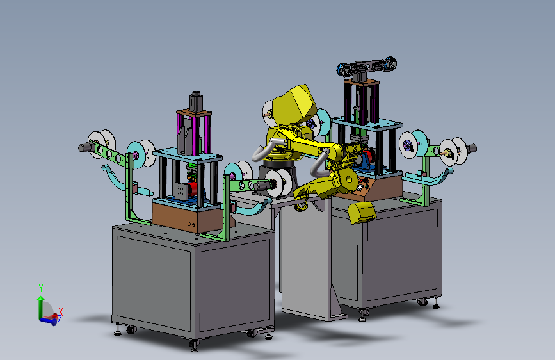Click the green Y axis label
pyautogui.click(x=41, y=288)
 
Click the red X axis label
pyautogui.click(x=61, y=311)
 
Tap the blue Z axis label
pyautogui.click(x=59, y=320)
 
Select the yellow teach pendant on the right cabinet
pyautogui.click(x=362, y=212)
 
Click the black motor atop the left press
pyautogui.click(x=196, y=101)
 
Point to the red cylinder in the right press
pyautogui.click(x=368, y=156)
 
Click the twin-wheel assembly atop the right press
pyautogui.click(x=366, y=67)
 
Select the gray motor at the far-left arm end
pyautogui.click(x=86, y=147)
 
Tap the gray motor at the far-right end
pyautogui.click(x=471, y=149)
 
